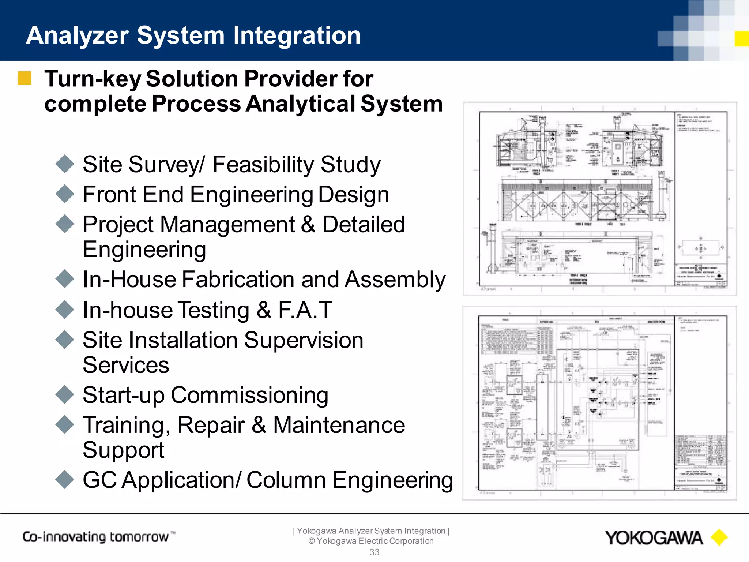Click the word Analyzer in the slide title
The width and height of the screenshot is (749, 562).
coord(77,36)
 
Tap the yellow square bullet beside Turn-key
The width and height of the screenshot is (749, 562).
coord(25,78)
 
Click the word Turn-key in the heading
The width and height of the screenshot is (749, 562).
coord(93,79)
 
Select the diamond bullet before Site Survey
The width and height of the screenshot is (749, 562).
coord(65,164)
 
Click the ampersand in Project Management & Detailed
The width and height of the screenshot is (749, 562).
coord(308,224)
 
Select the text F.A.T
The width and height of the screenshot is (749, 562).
coord(305,310)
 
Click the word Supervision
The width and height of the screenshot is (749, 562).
coord(304,340)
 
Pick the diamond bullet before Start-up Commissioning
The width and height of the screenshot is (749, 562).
coord(65,395)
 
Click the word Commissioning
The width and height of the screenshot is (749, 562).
coord(249,396)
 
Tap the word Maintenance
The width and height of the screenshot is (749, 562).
coord(339,425)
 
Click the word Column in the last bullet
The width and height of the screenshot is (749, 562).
coord(286,480)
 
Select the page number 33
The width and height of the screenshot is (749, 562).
coord(374,552)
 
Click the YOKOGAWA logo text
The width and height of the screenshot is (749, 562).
coord(654,538)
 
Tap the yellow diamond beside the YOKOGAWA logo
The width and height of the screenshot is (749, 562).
coord(719,537)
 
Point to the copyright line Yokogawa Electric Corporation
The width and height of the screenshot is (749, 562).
coord(371,541)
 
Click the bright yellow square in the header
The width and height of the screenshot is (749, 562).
coord(741,39)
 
